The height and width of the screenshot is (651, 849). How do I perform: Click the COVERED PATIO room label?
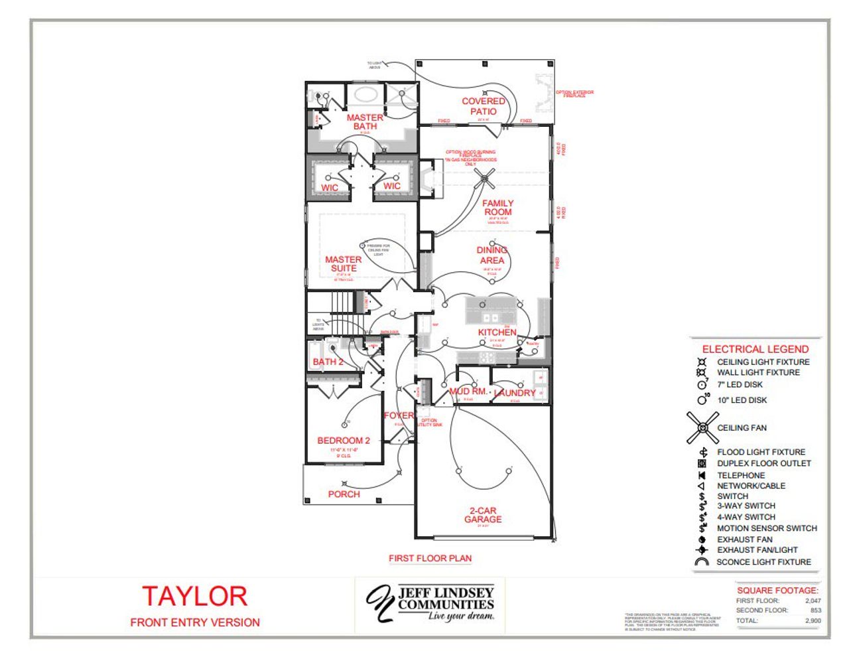484,106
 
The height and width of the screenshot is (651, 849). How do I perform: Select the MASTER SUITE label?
344,264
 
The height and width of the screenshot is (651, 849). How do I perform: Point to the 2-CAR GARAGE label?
483,515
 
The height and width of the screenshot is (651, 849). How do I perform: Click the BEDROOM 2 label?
344,441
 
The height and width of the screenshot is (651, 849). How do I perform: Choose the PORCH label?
344,494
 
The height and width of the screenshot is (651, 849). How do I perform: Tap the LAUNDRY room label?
515,393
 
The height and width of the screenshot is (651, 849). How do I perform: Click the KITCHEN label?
497,332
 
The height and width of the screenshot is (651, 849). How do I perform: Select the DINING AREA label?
492,255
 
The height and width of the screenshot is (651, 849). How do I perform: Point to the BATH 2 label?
328,362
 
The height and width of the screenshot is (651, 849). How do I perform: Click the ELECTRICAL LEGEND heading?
755,349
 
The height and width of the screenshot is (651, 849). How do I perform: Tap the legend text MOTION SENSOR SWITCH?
767,528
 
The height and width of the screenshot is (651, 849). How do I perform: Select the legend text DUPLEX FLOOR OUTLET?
764,463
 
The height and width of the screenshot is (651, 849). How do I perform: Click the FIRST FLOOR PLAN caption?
430,558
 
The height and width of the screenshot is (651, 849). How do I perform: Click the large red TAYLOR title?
194,596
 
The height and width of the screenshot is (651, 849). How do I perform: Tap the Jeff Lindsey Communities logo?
431,603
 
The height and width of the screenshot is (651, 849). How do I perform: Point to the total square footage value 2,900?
813,620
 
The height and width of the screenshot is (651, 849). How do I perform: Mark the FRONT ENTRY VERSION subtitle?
195,622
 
